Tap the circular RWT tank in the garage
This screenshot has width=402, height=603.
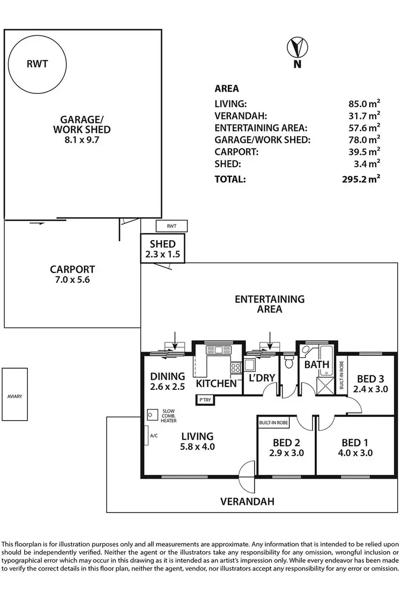tap(37, 64)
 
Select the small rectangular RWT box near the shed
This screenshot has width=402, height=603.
tap(171, 226)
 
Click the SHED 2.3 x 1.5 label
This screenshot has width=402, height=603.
tap(162, 248)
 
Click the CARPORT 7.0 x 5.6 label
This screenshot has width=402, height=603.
tap(72, 274)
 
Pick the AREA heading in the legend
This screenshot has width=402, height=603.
tap(227, 89)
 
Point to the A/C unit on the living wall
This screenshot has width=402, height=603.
tap(146, 436)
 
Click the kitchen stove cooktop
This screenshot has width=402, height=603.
tap(235, 368)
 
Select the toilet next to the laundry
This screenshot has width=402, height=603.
tap(288, 363)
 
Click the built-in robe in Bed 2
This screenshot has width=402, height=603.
tap(274, 423)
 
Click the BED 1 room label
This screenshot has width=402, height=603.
tap(357, 443)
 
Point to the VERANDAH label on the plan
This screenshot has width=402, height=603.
tap(248, 502)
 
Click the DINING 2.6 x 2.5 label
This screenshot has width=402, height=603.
tap(167, 381)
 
